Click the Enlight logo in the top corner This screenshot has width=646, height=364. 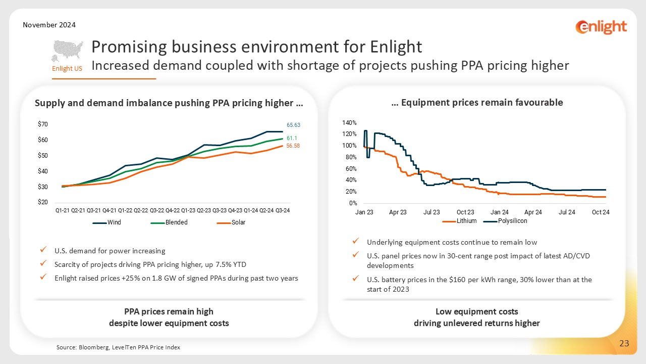[x=601, y=27]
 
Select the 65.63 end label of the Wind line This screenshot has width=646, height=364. [x=293, y=124]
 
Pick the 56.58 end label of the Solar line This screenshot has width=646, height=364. [x=293, y=146]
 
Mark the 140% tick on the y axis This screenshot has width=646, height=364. [x=350, y=123]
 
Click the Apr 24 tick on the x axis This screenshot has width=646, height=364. [x=533, y=212]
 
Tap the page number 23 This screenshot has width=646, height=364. [x=624, y=344]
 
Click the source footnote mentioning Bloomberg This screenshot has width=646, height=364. [x=118, y=347]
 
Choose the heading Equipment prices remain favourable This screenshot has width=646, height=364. [x=477, y=103]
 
